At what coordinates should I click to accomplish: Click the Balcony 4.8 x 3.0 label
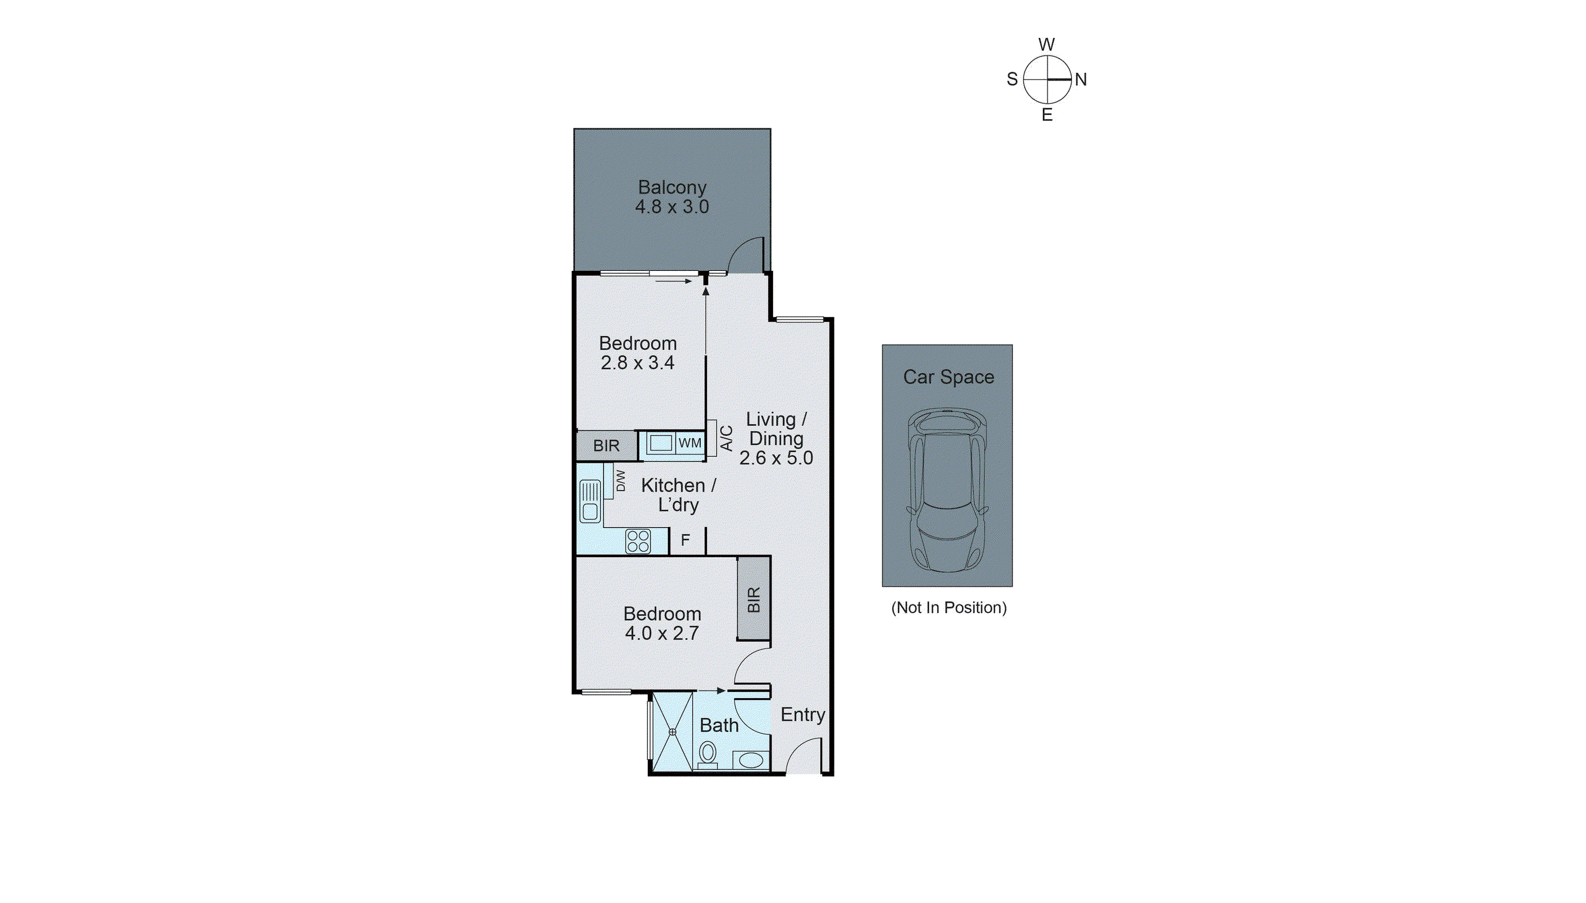click(671, 196)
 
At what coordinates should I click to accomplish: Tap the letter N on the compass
click(1080, 80)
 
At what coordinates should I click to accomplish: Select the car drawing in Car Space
click(946, 490)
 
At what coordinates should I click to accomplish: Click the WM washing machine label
click(689, 443)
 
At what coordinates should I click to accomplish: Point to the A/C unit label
click(727, 438)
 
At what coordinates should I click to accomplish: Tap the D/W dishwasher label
click(620, 481)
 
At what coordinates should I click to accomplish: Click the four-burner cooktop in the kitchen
click(638, 541)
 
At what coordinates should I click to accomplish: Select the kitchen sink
click(590, 501)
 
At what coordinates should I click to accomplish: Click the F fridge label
click(685, 540)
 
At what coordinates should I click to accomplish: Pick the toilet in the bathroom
click(707, 755)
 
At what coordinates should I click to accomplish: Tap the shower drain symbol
click(672, 732)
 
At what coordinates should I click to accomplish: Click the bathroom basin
click(751, 760)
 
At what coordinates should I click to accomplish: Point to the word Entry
click(802, 714)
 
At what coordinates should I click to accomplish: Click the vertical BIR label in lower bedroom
click(753, 600)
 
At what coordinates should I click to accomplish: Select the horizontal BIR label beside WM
click(606, 445)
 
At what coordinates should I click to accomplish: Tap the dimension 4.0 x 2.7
click(662, 633)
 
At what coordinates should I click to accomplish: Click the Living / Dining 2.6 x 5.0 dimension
click(776, 458)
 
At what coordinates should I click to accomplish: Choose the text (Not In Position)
click(948, 607)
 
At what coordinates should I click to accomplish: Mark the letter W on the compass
click(1046, 45)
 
